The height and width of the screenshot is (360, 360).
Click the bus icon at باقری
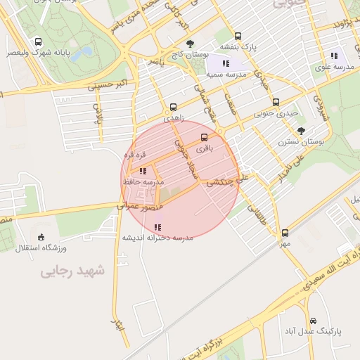(x=205, y=137)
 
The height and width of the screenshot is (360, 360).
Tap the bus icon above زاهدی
(x=173, y=108)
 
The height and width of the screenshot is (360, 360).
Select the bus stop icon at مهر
(x=285, y=233)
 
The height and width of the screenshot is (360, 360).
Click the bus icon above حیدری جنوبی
(x=275, y=101)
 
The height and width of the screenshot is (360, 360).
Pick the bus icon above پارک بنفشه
(x=238, y=36)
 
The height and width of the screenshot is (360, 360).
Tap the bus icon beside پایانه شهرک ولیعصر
(x=37, y=41)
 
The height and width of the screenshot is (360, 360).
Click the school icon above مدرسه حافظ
(x=143, y=171)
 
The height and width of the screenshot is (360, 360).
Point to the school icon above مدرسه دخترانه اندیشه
(x=157, y=226)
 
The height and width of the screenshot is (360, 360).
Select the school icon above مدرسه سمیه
(x=225, y=64)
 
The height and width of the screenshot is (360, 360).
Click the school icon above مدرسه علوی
(x=334, y=56)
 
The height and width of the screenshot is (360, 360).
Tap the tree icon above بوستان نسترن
(x=302, y=131)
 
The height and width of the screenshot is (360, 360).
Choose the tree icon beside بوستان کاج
(x=190, y=44)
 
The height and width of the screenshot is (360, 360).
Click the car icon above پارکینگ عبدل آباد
(x=313, y=320)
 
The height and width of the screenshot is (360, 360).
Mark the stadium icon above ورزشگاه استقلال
(x=40, y=236)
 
